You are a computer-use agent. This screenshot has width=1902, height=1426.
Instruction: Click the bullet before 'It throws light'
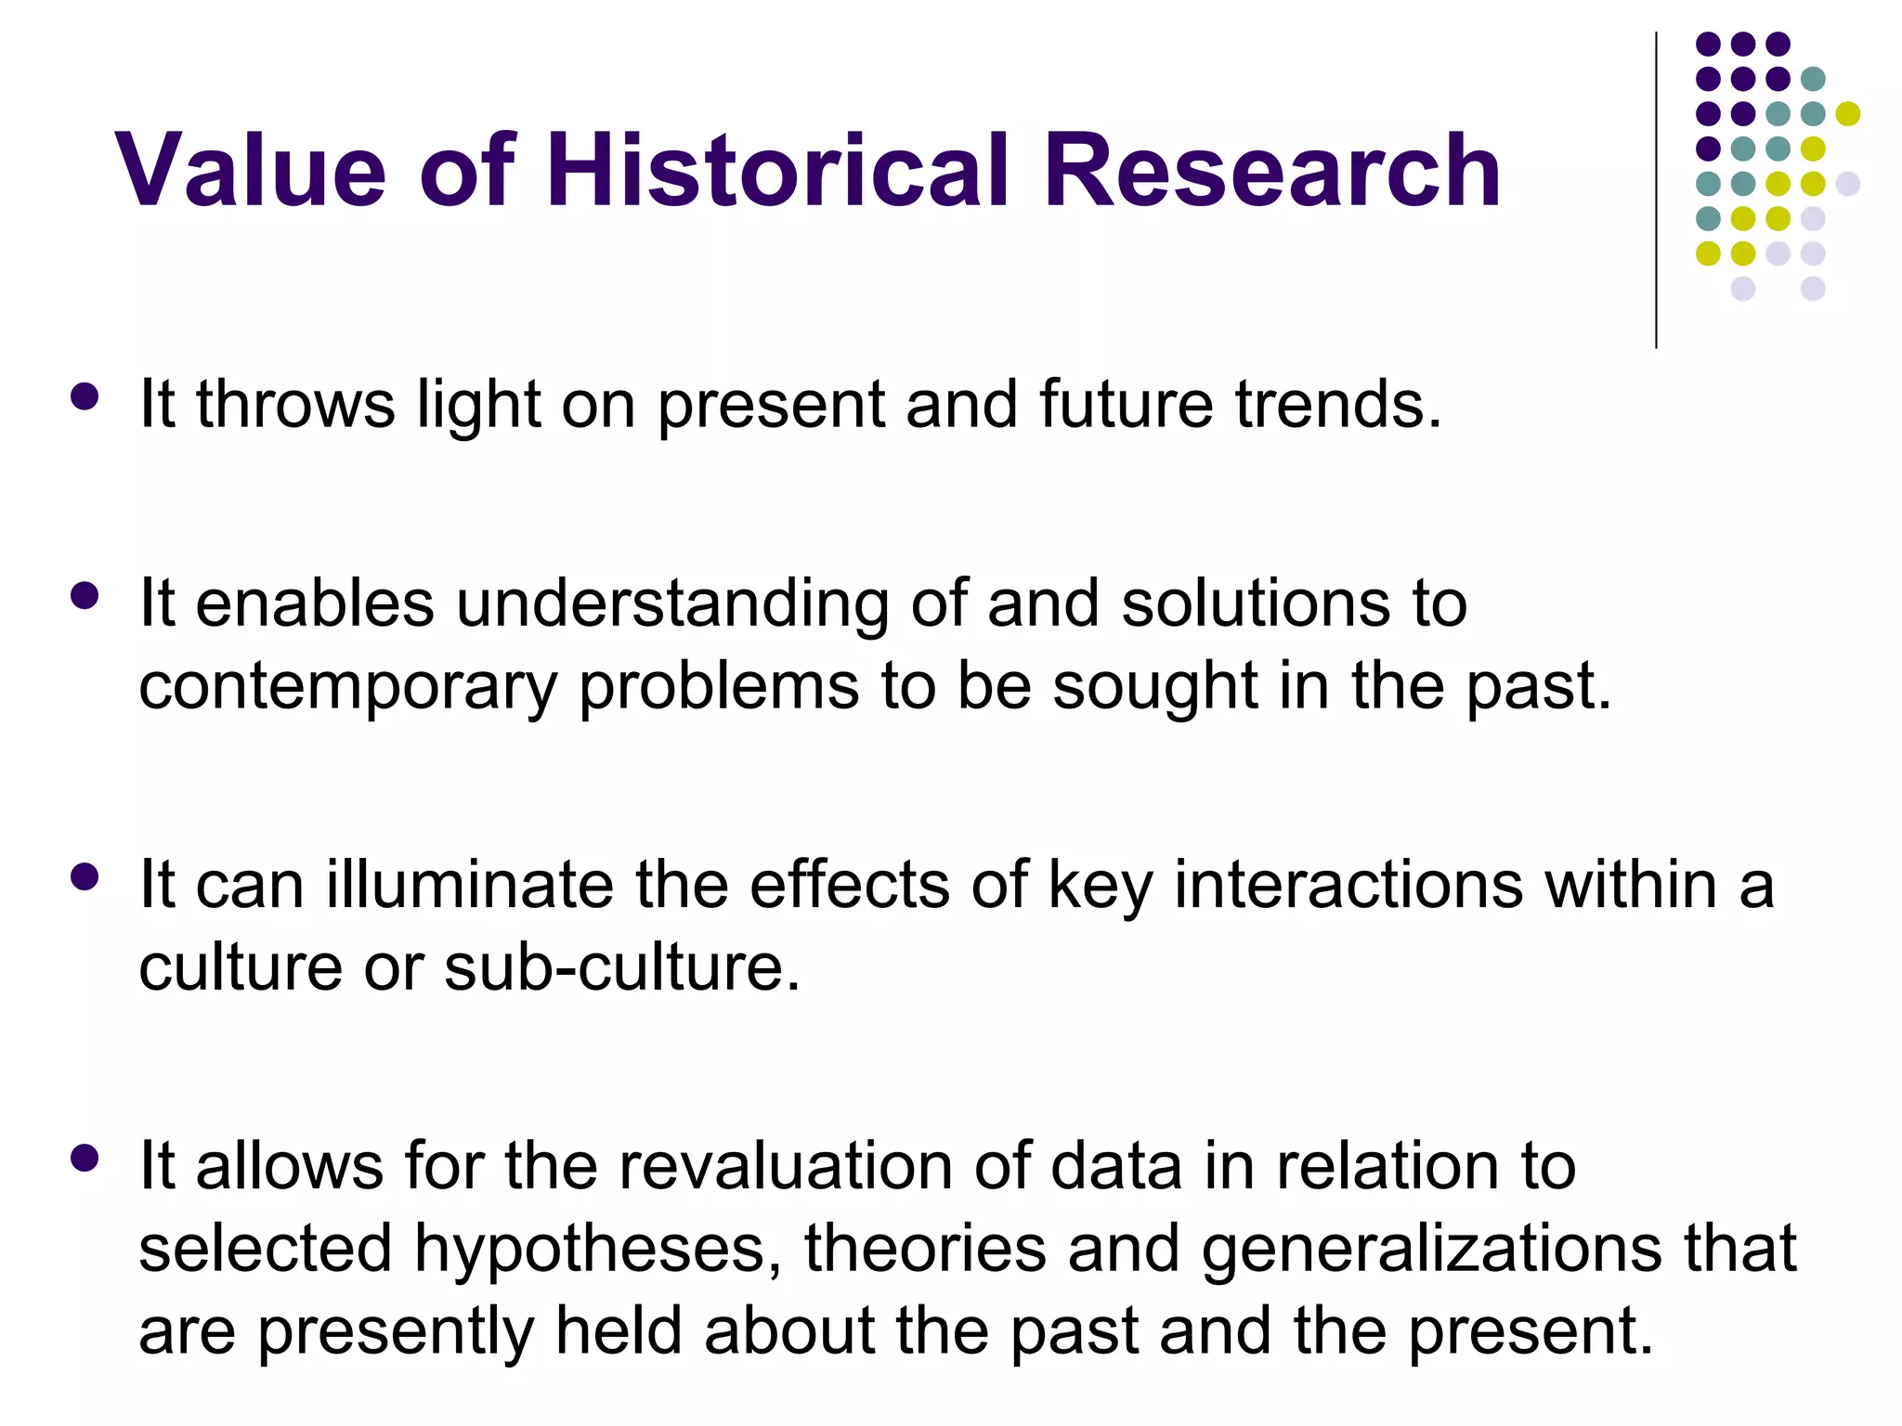(x=85, y=397)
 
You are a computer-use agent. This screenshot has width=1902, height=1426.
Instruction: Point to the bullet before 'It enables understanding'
(x=85, y=595)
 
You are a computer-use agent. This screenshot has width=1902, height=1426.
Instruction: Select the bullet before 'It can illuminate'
(x=85, y=877)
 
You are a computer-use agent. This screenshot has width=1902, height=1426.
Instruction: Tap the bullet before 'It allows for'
(x=85, y=1158)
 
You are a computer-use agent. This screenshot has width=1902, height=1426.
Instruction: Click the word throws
(x=295, y=405)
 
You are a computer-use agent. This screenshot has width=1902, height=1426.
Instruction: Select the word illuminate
(x=469, y=885)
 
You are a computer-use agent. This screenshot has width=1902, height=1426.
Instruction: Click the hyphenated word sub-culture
(x=621, y=967)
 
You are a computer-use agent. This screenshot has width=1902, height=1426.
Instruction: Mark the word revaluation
(x=786, y=1166)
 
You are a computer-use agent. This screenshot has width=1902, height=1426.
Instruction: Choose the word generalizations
(x=1431, y=1250)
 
